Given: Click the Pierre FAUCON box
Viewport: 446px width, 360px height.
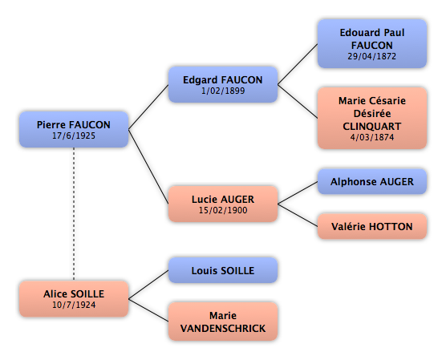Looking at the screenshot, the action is [74, 129].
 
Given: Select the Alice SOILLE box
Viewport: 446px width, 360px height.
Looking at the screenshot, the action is [74, 298].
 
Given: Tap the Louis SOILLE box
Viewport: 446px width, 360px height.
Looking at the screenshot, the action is [223, 270].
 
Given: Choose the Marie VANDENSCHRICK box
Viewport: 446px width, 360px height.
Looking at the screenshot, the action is [223, 322].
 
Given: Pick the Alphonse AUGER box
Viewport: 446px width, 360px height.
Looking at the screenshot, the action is [372, 181].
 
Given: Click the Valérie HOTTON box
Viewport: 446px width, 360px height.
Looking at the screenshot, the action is [372, 226].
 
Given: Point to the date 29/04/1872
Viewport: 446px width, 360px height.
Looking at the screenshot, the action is [371, 56].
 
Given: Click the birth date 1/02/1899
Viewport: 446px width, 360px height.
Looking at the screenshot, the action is [223, 91].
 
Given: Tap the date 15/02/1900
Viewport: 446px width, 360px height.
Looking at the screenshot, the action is [223, 210].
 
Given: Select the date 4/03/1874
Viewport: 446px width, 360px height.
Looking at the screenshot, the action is [372, 137].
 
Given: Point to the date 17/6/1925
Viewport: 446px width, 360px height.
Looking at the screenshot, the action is [74, 136].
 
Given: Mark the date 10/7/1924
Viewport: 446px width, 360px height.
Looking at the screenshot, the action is [74, 305].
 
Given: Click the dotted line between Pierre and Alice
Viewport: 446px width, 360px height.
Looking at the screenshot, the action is [74, 214].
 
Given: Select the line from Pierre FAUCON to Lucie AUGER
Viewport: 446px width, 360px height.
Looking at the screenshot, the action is [148, 167].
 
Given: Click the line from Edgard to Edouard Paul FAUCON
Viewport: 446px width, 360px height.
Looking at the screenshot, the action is [298, 64].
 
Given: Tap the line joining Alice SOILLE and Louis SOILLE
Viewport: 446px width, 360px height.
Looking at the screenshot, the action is [148, 285].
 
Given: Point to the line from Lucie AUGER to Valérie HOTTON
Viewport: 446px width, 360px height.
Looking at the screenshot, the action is [298, 215].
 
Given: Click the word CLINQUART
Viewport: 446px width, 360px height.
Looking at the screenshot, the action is [372, 126].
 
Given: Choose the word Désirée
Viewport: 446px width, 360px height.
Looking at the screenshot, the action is [372, 114].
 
